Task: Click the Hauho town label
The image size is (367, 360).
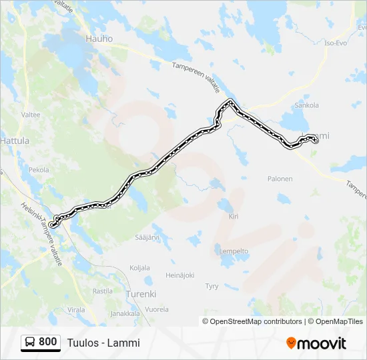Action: [99, 39]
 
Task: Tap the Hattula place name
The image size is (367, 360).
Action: [15, 141]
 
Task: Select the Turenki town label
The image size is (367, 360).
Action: [140, 293]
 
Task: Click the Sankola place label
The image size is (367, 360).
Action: [306, 105]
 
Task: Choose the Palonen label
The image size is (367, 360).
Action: [280, 179]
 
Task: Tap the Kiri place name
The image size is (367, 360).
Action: [234, 216]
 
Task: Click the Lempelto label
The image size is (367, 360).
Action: [234, 251]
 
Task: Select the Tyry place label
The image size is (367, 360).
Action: [212, 286]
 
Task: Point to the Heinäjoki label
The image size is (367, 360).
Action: [179, 275]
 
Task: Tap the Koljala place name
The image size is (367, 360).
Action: [139, 267]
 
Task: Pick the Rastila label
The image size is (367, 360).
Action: [102, 291]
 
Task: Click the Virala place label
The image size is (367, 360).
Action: [76, 310]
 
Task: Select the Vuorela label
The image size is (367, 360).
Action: [157, 309]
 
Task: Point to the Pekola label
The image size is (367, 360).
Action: [39, 170]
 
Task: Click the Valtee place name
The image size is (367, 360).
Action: [31, 115]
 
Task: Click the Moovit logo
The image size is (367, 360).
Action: [316, 343]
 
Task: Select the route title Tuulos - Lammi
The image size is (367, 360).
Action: [103, 343]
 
